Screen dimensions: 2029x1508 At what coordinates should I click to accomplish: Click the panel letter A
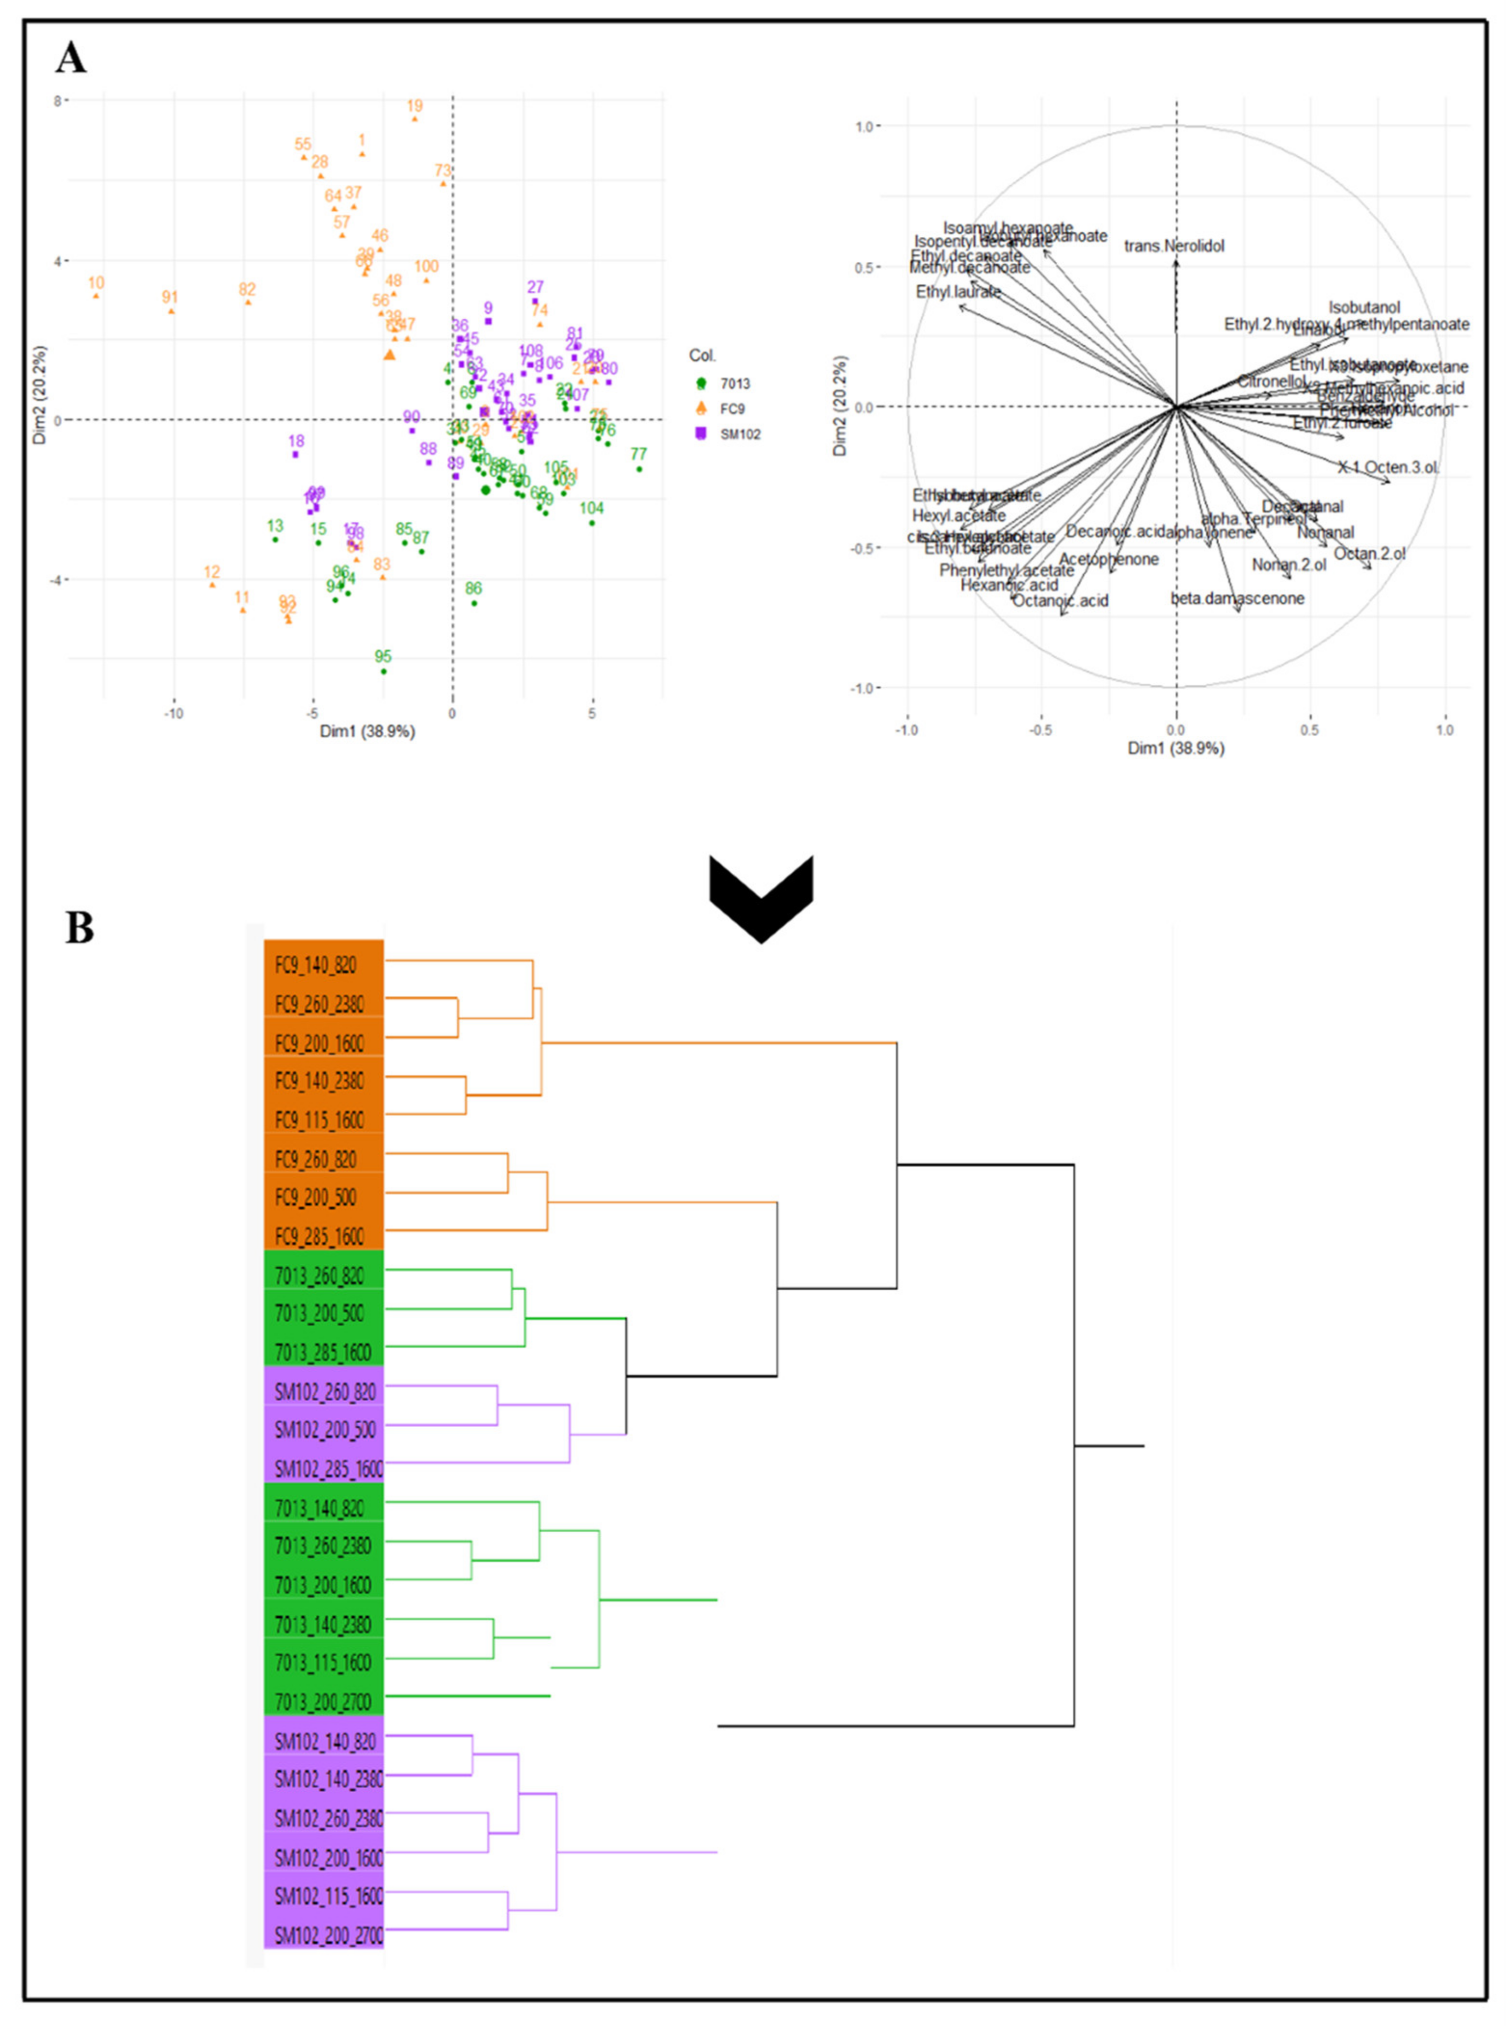71,59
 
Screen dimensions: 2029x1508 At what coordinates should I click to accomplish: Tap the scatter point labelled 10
96,295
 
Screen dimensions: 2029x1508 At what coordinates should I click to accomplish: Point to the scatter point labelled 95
383,671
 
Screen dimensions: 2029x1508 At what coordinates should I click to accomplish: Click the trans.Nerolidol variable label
1174,246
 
